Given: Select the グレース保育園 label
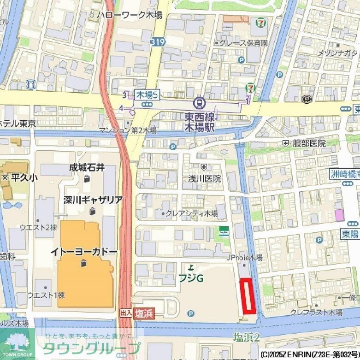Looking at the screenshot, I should [x=243, y=43].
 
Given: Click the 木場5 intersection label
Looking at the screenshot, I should [x=147, y=95].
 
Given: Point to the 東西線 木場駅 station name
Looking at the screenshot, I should [x=200, y=122].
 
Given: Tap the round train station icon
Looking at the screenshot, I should [x=200, y=101].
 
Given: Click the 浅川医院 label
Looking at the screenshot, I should [x=204, y=178].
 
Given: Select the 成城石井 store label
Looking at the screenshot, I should [x=87, y=168].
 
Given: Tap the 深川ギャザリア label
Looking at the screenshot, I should [x=93, y=200].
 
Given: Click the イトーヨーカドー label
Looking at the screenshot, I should [x=84, y=252].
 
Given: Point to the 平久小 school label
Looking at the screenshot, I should [x=20, y=177].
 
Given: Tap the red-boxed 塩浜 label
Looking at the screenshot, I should [x=144, y=313].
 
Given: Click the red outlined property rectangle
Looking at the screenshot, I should [x=248, y=296].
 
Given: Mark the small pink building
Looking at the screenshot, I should [x=339, y=215].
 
